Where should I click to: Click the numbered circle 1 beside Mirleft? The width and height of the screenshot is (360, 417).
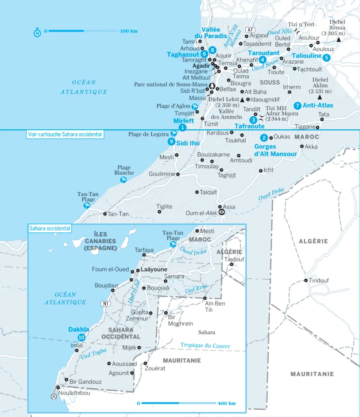(182, 127)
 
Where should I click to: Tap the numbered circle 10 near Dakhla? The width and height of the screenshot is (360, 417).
(81, 337)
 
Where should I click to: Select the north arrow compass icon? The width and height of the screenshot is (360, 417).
(37, 32)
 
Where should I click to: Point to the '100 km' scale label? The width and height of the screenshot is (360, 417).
(129, 31)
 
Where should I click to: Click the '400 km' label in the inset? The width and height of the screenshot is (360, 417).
(227, 403)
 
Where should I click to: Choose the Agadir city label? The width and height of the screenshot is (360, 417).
(201, 65)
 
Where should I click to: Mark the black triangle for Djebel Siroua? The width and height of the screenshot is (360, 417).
(338, 40)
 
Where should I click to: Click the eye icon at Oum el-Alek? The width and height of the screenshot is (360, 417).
(221, 213)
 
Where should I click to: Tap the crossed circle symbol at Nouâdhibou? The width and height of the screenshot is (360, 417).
(54, 396)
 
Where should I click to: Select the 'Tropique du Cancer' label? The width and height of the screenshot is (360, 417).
(205, 346)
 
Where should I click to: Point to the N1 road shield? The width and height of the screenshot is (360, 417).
(106, 304)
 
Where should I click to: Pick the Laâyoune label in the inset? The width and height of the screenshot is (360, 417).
(154, 269)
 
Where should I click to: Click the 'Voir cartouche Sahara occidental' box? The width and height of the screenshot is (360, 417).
(65, 134)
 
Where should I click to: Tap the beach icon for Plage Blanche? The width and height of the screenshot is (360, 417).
(123, 180)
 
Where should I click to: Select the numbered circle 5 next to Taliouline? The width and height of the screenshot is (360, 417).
(326, 57)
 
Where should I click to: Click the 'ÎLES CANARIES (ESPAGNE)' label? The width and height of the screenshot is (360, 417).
(100, 241)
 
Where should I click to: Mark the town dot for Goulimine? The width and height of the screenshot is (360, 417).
(178, 174)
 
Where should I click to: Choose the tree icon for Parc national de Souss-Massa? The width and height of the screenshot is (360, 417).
(212, 85)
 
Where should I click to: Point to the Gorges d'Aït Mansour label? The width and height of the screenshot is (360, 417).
(275, 150)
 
